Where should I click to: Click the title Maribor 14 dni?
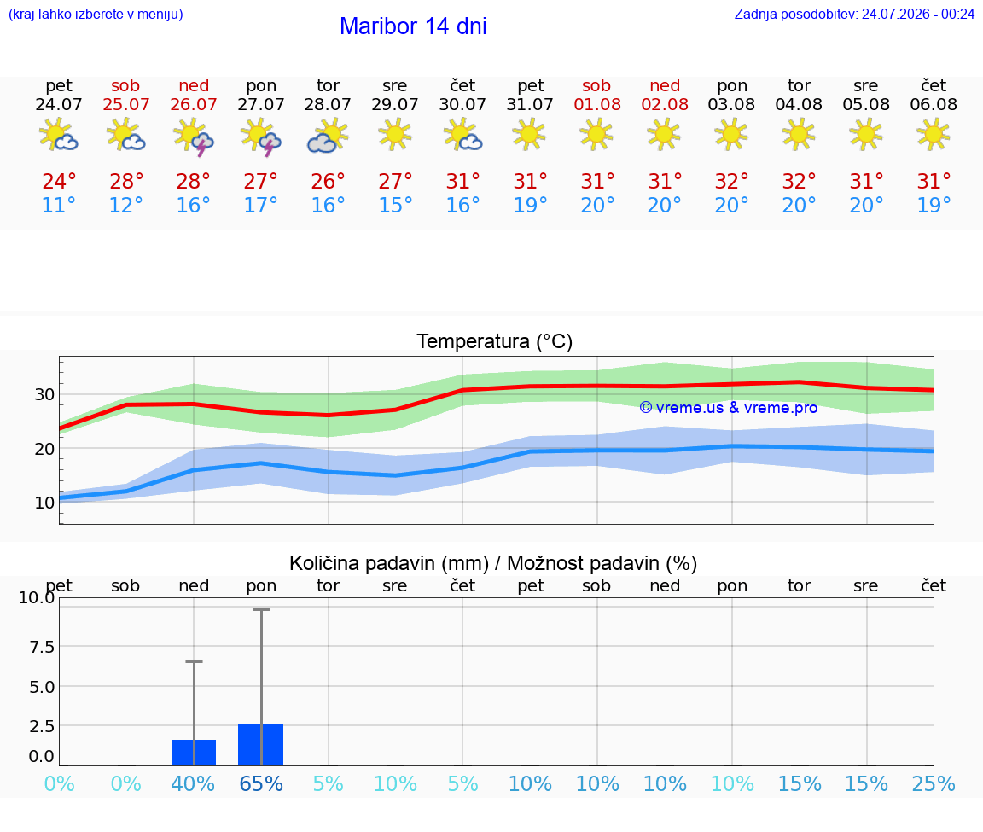coord(413,26)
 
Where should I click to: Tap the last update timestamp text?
coord(854,14)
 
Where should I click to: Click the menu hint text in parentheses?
coord(96,14)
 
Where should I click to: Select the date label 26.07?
coord(194,104)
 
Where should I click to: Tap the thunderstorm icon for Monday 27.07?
coord(261,136)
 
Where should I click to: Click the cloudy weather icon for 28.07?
coord(328,136)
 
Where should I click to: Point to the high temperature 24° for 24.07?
coord(59,181)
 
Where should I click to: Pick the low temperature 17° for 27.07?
coord(261,205)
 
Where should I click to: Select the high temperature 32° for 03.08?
coord(731,181)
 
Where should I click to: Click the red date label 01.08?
coord(597,104)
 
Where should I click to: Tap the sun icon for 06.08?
coord(934,134)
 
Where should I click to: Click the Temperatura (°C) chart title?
coord(495,341)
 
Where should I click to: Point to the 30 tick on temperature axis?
coord(44,394)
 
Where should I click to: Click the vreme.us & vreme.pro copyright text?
coord(729,408)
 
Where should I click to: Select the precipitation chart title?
coord(493,563)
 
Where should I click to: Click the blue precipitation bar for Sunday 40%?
coord(194,753)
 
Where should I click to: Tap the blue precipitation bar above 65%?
coord(261,745)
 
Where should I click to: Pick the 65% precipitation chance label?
coord(261,783)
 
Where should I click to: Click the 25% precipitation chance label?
coord(934,783)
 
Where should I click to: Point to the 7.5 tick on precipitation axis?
coord(42,647)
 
